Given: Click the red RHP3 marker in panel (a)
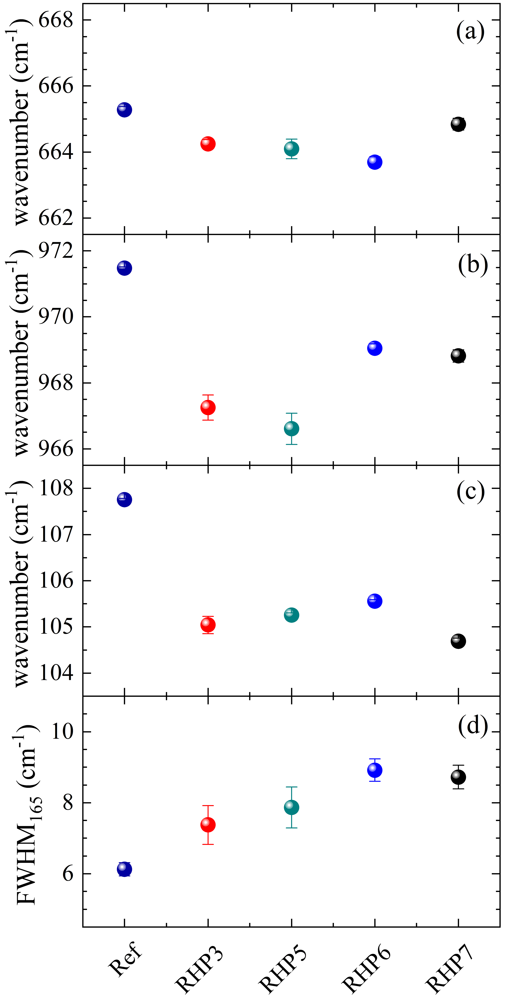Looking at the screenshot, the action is click(x=208, y=144).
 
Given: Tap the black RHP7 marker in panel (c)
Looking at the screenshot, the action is click(x=458, y=641).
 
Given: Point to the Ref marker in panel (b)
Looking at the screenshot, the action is click(x=124, y=268).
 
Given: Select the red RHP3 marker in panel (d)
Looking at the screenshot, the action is click(x=208, y=825).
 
